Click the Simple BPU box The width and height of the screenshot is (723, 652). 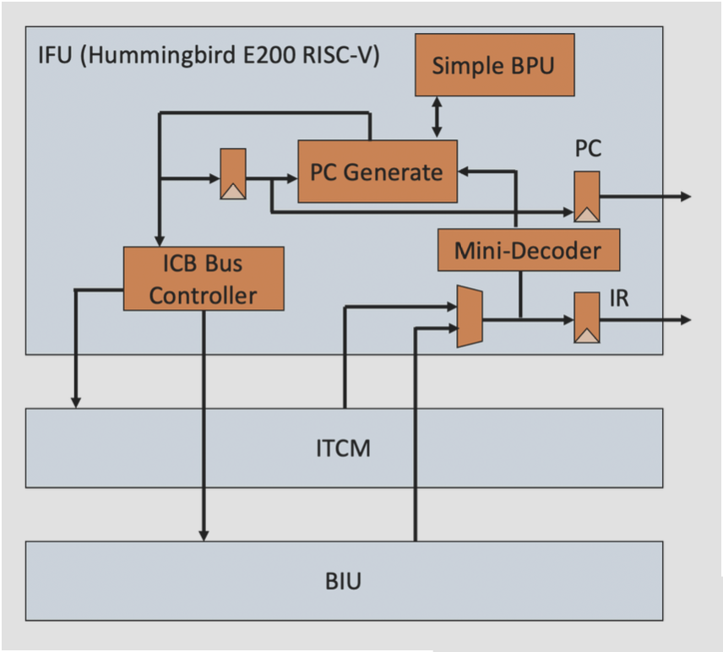(494, 65)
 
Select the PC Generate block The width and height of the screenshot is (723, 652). (377, 171)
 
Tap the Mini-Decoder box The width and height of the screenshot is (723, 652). (528, 249)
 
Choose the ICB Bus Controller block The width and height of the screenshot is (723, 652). (203, 279)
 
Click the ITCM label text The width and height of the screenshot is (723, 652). (344, 447)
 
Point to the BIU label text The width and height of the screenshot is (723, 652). (344, 582)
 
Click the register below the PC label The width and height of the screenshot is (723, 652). (587, 197)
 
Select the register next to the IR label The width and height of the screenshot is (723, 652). (587, 318)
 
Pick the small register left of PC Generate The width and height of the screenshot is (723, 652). (233, 174)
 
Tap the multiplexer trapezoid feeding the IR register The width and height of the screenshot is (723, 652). (470, 316)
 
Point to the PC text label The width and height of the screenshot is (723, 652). (588, 149)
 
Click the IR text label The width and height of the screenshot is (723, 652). (619, 299)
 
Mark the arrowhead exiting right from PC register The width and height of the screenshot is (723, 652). (685, 197)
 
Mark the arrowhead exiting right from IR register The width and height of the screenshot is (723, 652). (685, 320)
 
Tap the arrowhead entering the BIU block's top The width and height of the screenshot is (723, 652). (204, 535)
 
